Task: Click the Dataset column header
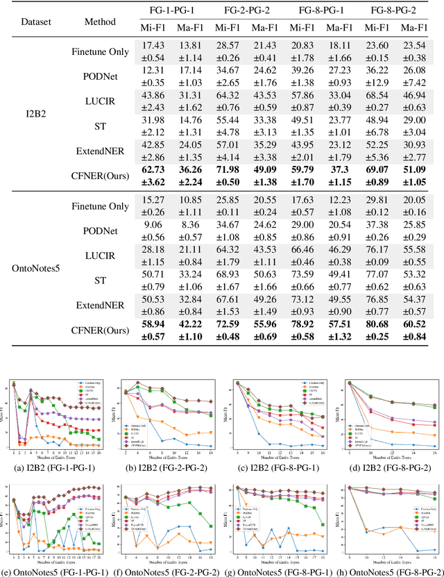coord(31,22)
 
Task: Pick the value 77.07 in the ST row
coord(375,276)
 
